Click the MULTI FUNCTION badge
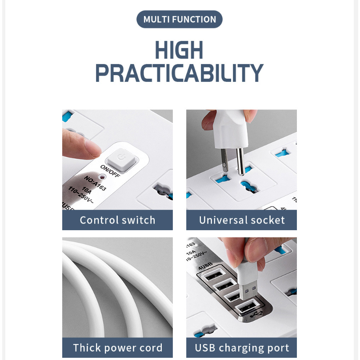click(x=179, y=19)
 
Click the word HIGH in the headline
click(x=179, y=50)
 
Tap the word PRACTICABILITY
click(x=179, y=73)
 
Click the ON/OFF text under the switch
click(x=110, y=171)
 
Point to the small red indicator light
click(x=102, y=177)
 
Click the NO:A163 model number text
click(x=95, y=183)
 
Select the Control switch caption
click(x=117, y=220)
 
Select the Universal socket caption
click(x=242, y=220)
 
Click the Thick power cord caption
click(x=117, y=348)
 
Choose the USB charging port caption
click(x=242, y=348)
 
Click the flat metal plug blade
click(x=224, y=160)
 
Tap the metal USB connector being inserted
click(x=248, y=292)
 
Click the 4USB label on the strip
click(x=205, y=266)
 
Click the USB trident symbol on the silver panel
click(x=256, y=314)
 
